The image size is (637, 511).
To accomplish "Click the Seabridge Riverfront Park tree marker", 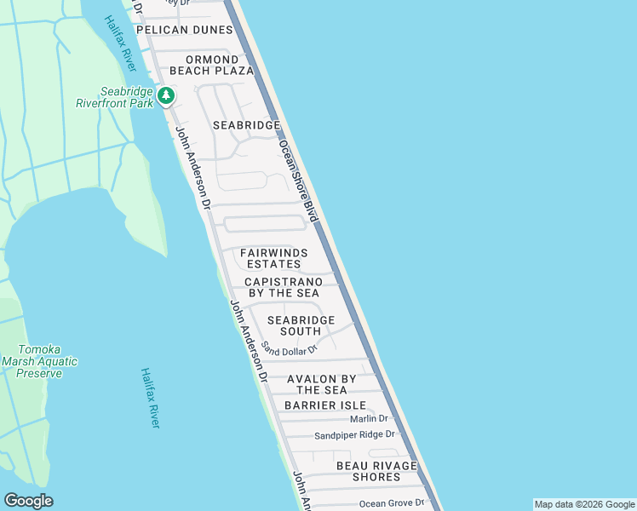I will (167, 95).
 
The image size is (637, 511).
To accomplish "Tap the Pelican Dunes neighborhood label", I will (184, 30).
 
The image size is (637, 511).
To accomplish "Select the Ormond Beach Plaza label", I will (211, 65).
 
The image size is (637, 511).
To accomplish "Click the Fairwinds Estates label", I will (273, 258).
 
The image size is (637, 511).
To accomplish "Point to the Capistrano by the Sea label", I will (284, 287).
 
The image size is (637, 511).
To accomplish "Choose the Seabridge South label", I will (301, 325).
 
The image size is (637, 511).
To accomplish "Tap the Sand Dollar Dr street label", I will (289, 348).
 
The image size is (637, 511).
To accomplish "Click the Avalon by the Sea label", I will (322, 384).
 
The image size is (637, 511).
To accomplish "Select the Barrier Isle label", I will (325, 405).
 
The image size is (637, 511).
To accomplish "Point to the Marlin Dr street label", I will (369, 418).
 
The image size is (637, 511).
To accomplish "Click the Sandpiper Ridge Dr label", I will (355, 434).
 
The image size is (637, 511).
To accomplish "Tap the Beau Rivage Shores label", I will (376, 471).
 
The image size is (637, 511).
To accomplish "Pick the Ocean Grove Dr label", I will (391, 503).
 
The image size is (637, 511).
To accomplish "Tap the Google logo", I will (28, 501).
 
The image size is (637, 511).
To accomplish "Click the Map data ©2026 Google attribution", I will (584, 504).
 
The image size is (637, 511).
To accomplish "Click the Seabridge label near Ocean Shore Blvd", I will (246, 125).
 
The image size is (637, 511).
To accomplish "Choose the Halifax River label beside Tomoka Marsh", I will (151, 398).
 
